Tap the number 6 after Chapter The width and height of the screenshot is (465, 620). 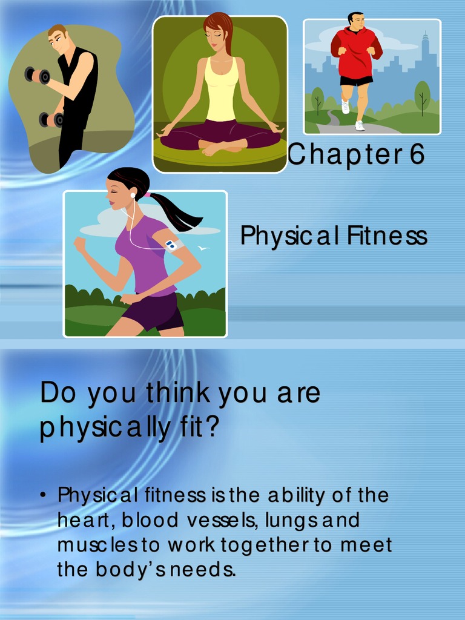click(x=416, y=154)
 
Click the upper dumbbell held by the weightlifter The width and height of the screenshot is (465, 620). click(x=37, y=76)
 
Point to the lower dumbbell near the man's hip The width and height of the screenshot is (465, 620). click(x=51, y=119)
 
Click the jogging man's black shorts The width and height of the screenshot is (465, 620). click(x=356, y=81)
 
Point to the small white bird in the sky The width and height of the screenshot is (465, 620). click(x=203, y=248)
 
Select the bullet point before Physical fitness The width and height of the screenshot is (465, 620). click(x=44, y=495)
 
